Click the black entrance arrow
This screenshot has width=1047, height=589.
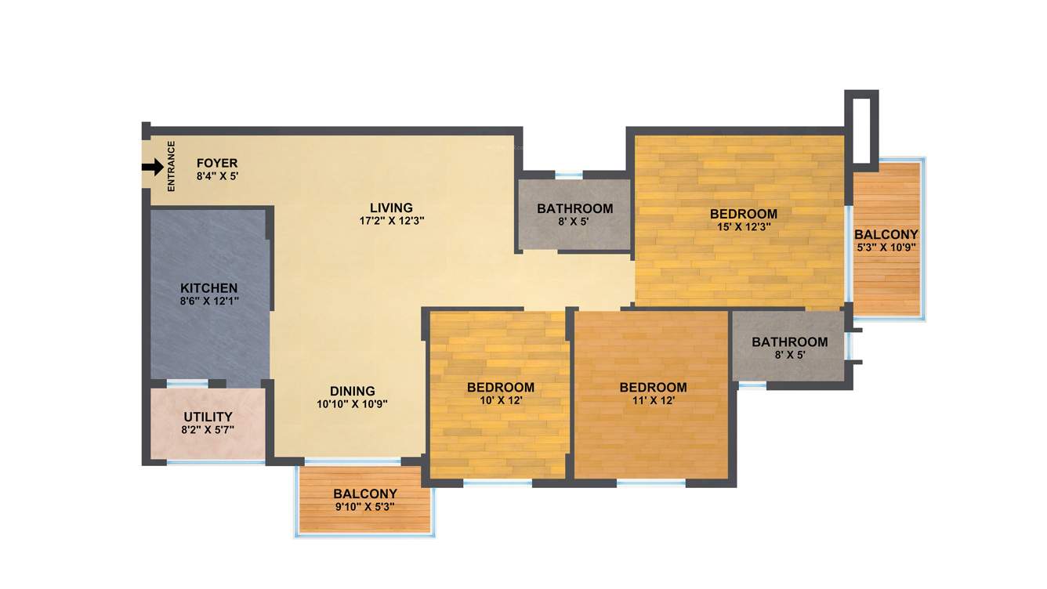[x=153, y=167]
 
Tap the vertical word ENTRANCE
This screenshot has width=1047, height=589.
[x=172, y=166]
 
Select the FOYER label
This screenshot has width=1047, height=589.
[x=217, y=163]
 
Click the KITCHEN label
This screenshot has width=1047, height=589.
[x=208, y=288]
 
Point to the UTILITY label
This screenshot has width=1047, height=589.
[x=208, y=417]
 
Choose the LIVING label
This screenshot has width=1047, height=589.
[x=391, y=208]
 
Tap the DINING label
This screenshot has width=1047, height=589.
[x=352, y=391]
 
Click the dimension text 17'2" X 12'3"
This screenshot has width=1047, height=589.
[x=391, y=221]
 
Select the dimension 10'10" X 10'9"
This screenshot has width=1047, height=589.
[x=352, y=404]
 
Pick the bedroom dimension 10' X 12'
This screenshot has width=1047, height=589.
[x=501, y=400]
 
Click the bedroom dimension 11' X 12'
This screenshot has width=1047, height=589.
[x=653, y=400]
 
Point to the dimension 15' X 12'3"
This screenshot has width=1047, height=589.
[x=743, y=227]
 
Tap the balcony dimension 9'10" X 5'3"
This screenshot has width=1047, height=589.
[x=364, y=507]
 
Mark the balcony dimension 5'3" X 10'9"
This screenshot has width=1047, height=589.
[x=886, y=248]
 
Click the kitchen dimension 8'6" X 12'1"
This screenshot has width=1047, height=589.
[x=208, y=302]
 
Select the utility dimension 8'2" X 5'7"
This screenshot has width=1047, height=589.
[x=208, y=430]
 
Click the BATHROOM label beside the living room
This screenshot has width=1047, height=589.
[x=574, y=208]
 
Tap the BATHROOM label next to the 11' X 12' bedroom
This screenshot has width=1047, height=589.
[x=789, y=341]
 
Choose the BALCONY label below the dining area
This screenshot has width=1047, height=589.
[x=364, y=494]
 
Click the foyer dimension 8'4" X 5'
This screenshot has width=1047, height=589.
[x=217, y=176]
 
